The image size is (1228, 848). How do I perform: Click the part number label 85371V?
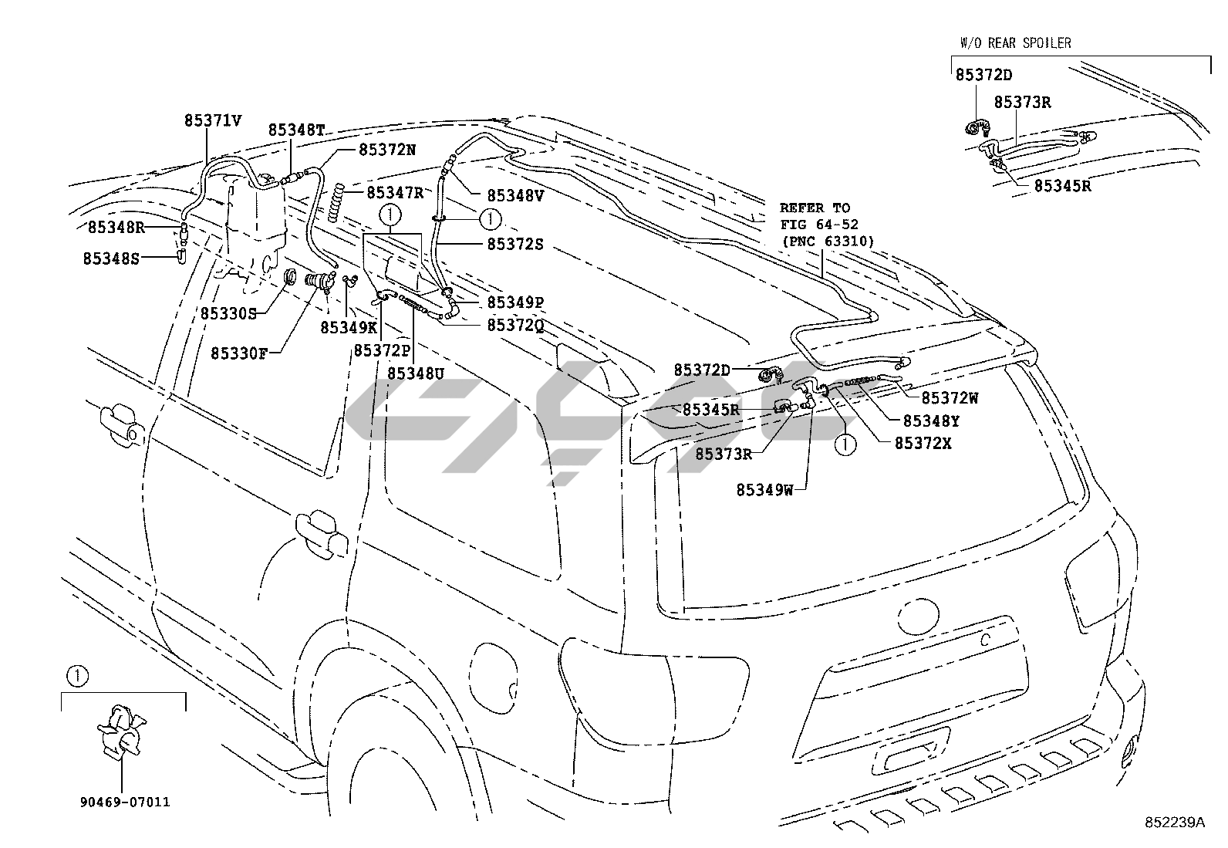213,120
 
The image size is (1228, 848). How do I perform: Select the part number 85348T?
296,130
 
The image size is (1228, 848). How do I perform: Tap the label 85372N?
387,150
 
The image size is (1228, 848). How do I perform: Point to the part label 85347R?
395,192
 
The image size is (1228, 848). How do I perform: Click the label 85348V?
515,196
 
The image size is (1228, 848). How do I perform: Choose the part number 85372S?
515,244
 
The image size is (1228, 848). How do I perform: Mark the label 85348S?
112,258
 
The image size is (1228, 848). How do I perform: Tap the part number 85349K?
349,327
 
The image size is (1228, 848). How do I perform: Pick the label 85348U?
416,373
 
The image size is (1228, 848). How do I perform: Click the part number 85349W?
764,489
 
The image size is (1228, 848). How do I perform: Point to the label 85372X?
923,444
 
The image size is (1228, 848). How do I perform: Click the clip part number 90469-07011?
124,802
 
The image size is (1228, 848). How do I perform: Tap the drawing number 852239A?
1173,823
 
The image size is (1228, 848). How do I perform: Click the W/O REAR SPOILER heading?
1015,43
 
